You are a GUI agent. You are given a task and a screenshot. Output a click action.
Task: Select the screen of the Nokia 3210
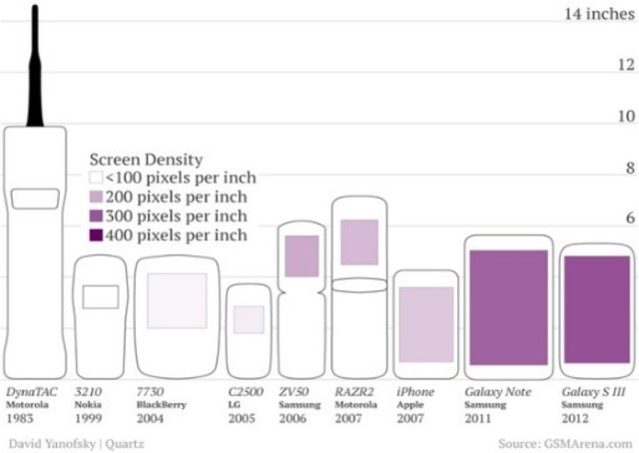click(100, 296)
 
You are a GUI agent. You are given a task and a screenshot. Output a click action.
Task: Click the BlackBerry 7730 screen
click(177, 299)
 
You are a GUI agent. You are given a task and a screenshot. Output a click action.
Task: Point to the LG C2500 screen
click(249, 319)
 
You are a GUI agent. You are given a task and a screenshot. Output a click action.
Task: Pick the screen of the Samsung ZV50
click(302, 256)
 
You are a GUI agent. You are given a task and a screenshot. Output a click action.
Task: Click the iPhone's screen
click(426, 317)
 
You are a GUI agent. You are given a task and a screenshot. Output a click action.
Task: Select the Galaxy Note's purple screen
click(508, 307)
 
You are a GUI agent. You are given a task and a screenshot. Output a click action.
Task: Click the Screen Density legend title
click(146, 159)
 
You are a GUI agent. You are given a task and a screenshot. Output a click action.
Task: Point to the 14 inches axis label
click(598, 14)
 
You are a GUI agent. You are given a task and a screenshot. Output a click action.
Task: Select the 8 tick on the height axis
click(626, 168)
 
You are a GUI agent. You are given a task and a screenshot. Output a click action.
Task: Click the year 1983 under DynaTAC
click(20, 418)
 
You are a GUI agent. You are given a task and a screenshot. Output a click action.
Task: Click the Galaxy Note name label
click(498, 392)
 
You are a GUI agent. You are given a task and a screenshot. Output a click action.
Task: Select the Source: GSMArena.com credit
click(564, 442)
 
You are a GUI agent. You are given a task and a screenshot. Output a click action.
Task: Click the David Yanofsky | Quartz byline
click(74, 442)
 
